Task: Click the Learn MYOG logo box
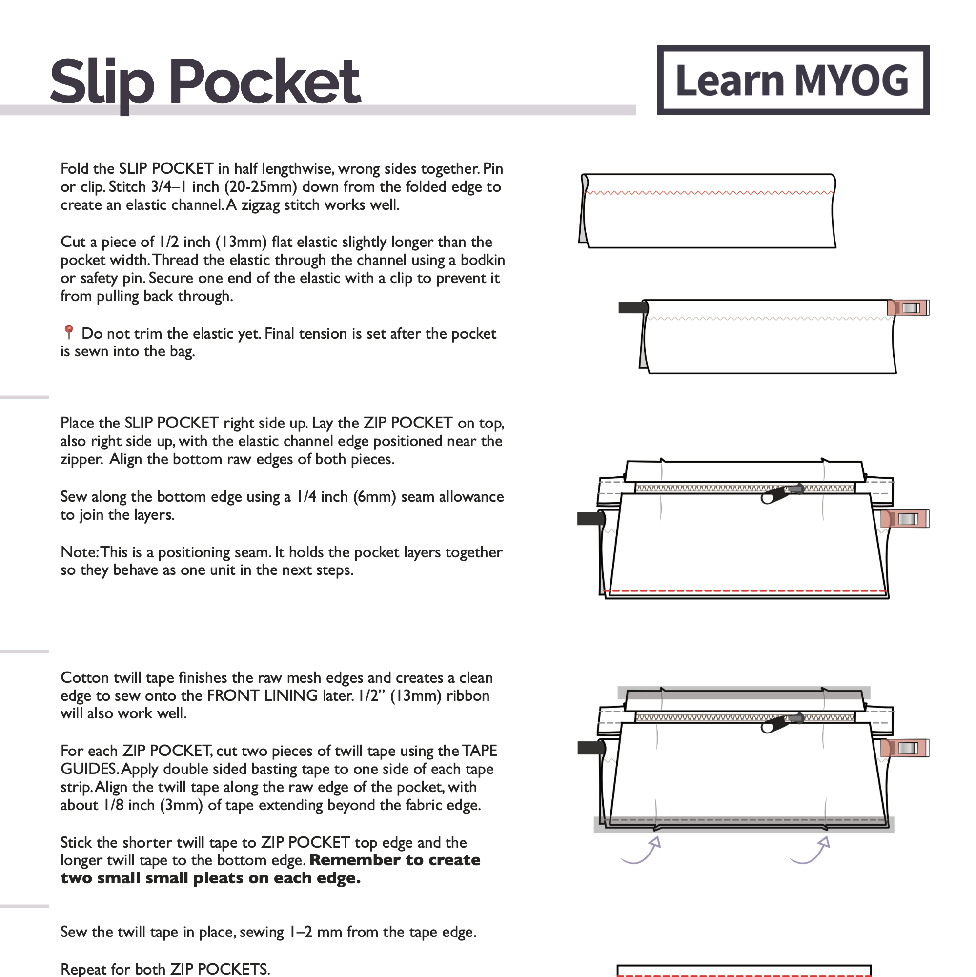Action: click(793, 80)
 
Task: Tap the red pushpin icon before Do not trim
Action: click(69, 332)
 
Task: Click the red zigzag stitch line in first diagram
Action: click(708, 193)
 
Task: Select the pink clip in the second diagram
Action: click(908, 307)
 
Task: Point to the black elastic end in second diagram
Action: click(632, 307)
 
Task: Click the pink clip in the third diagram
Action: click(905, 519)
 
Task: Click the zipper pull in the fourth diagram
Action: click(779, 723)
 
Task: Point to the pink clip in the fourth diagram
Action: click(905, 748)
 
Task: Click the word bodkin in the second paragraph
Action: click(483, 260)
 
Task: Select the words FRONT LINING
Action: click(263, 696)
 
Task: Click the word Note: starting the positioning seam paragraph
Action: click(80, 552)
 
